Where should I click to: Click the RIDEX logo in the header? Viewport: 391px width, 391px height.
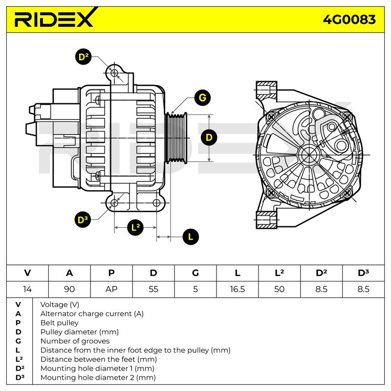coord(54,20)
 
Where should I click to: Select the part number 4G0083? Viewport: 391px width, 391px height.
coord(349,20)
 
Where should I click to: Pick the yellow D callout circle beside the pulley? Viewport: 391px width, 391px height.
coord(210,138)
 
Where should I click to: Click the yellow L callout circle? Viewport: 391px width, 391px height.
coord(191,237)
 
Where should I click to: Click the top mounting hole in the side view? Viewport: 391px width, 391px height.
coord(114,73)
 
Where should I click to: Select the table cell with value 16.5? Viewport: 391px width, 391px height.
coord(237,289)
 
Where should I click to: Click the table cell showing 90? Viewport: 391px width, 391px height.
coord(69,289)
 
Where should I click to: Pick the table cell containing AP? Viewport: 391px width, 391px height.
coord(111,289)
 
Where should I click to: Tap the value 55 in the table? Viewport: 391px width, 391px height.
coord(153,289)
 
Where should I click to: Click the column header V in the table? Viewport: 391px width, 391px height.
coord(27,273)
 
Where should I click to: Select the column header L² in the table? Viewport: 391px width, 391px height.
coord(279,273)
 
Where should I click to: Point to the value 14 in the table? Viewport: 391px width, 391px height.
coord(27,289)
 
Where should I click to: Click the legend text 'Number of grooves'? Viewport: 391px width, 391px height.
coord(75,341)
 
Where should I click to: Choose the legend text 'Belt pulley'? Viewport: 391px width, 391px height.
coord(59,323)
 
